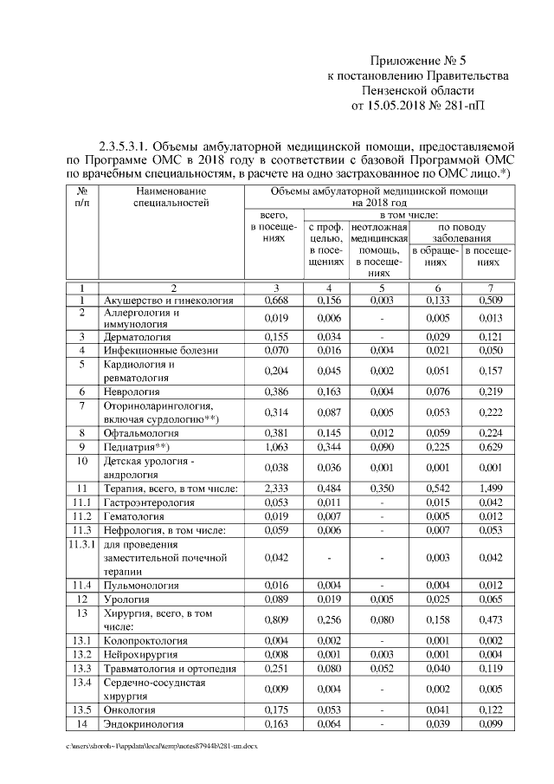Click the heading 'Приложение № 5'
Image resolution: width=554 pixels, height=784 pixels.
(x=417, y=61)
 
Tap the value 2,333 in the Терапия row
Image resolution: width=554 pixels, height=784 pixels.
(x=275, y=489)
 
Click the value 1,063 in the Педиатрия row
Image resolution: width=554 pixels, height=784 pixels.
(x=275, y=447)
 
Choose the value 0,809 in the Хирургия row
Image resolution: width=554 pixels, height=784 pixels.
(x=275, y=619)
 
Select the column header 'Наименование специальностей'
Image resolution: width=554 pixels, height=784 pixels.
(x=171, y=197)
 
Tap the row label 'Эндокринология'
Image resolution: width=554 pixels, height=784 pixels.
(x=145, y=723)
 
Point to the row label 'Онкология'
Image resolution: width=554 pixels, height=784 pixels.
(x=132, y=709)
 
